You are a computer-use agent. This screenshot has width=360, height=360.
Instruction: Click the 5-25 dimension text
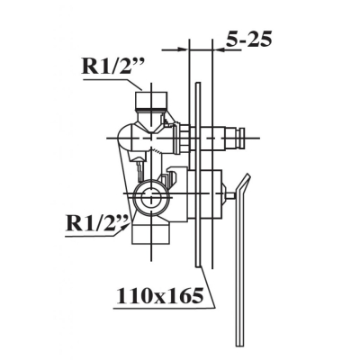248,39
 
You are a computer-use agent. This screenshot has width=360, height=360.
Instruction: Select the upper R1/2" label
113,67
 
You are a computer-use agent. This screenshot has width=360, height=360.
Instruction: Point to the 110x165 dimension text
160,295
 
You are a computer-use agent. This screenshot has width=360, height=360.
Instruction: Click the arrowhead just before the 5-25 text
218,49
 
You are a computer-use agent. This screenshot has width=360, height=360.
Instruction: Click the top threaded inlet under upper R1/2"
151,101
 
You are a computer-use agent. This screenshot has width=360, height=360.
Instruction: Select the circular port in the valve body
151,196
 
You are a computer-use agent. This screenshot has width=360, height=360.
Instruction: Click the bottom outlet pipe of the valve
151,233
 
